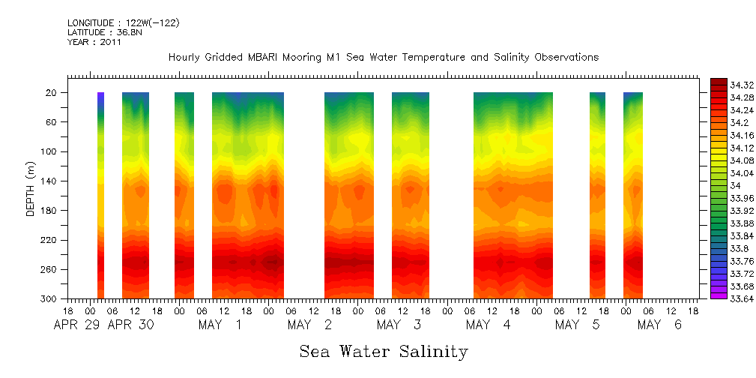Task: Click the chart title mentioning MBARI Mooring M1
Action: click(383, 57)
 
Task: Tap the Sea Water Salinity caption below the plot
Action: click(384, 351)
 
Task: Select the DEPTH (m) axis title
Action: click(31, 195)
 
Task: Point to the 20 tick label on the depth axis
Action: click(52, 93)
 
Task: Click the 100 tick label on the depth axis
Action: click(50, 151)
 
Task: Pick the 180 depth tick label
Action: click(50, 211)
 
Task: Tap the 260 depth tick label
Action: click(50, 269)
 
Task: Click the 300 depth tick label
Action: click(50, 298)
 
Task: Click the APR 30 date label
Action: click(132, 325)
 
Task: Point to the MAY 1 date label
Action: click(220, 325)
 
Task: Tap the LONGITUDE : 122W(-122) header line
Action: click(123, 22)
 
